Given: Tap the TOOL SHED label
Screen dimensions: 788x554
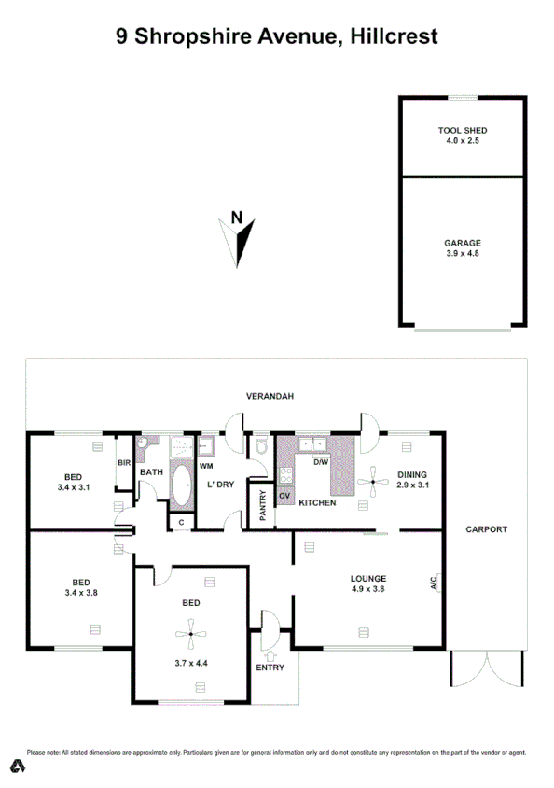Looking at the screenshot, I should click(463, 130).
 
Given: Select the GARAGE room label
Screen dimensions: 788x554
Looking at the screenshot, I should click(463, 243).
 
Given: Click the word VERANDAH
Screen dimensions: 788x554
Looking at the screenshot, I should click(270, 397).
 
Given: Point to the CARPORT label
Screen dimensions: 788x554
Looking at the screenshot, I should click(487, 529).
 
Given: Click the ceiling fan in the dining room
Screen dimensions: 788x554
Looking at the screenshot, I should click(374, 483).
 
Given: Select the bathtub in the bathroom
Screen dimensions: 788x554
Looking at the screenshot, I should click(180, 486).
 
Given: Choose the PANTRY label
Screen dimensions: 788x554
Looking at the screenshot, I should click(263, 504).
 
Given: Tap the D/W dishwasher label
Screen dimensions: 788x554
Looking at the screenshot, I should click(320, 462).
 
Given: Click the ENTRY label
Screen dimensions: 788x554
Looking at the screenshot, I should click(270, 668).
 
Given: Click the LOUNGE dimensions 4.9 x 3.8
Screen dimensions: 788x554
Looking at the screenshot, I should click(368, 590).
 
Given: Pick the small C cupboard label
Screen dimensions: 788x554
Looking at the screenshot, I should click(180, 522).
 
